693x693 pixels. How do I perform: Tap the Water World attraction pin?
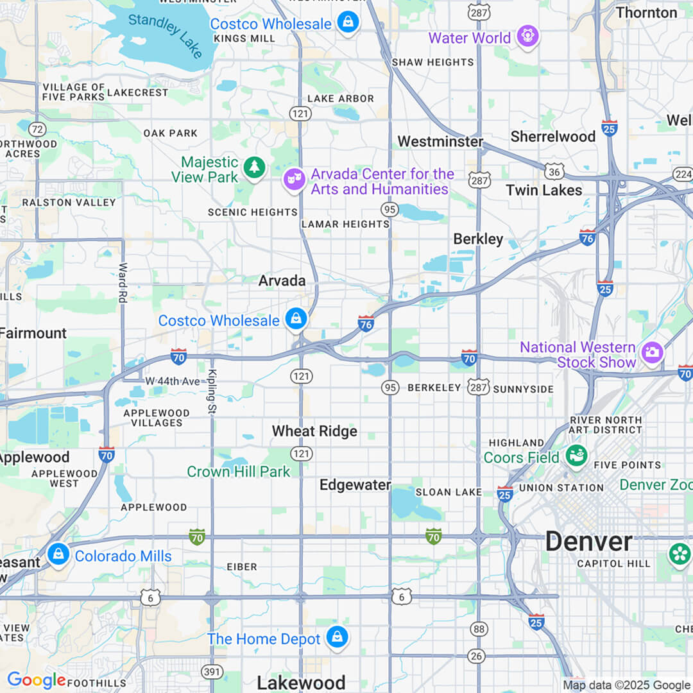point(528,37)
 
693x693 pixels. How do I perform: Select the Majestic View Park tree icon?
point(255,169)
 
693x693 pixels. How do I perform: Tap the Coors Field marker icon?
point(576,456)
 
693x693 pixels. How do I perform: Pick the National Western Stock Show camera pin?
point(652,352)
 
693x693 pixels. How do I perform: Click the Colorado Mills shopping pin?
point(58,554)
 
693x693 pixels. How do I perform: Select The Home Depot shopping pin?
point(336,638)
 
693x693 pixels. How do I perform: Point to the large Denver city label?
point(588,542)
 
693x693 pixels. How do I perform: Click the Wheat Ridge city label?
point(314,431)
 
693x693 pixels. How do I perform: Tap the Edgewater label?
point(355,485)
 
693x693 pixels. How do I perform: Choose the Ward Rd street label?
point(123,282)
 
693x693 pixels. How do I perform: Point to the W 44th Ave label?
point(173,381)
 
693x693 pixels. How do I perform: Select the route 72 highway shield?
point(38,129)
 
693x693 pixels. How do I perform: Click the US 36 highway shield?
point(554,171)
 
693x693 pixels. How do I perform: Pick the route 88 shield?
point(479,629)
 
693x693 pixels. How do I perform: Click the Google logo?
point(36,680)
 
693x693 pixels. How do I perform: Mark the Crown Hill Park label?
point(239,472)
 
